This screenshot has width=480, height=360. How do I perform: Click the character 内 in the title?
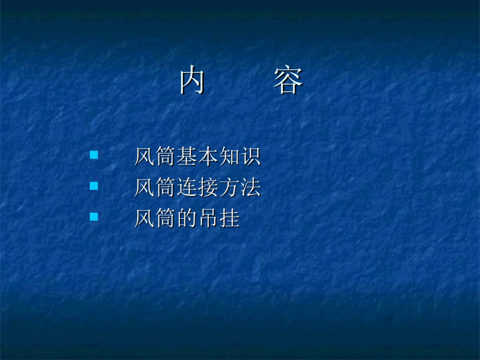(192, 81)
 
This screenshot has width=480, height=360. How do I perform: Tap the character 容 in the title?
(288, 81)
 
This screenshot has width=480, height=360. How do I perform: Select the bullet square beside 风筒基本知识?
(93, 155)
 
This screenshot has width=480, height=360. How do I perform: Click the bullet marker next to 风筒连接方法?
(93, 186)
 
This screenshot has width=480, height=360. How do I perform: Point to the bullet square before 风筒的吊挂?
(93, 217)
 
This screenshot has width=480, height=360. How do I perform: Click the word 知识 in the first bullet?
(239, 157)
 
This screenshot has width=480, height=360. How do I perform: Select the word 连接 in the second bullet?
(197, 188)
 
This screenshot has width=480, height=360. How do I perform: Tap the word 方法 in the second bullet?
(239, 188)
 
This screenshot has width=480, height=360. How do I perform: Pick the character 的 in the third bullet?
(187, 219)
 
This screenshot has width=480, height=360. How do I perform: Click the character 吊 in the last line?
(208, 219)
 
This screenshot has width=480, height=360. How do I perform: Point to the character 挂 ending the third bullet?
(229, 219)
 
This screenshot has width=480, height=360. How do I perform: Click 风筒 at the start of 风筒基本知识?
(155, 157)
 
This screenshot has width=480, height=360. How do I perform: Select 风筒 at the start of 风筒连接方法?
(155, 188)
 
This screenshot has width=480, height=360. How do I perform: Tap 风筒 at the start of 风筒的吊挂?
(155, 219)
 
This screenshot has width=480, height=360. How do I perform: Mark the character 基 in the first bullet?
(187, 157)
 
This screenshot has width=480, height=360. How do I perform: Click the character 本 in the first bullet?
(208, 157)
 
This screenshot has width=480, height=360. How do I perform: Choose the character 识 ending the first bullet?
(251, 157)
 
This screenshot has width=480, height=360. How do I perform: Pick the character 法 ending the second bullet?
(251, 188)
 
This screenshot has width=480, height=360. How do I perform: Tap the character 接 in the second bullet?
(208, 188)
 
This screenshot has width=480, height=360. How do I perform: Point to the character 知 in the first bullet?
(229, 157)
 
